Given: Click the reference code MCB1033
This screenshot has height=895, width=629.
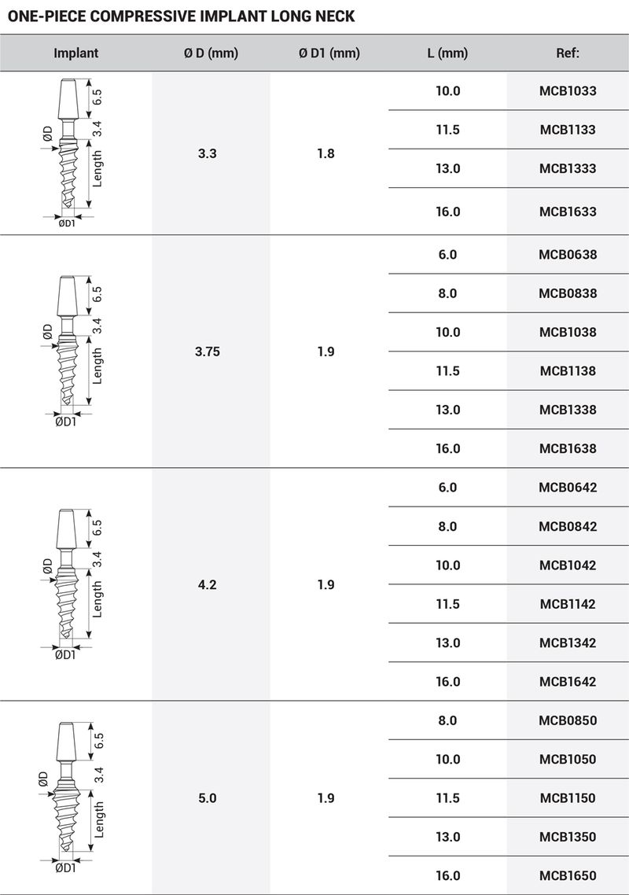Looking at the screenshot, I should click(x=567, y=91).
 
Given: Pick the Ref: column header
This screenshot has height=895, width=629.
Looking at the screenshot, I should click(x=567, y=53).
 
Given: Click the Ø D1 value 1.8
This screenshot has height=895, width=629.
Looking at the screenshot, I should click(x=326, y=153).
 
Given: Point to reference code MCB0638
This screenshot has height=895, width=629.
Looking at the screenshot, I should click(x=567, y=255).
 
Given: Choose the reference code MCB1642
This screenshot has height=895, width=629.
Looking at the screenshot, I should click(x=567, y=682).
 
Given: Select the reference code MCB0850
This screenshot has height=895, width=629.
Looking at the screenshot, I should click(x=567, y=720).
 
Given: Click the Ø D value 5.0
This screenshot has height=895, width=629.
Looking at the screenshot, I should click(x=208, y=798).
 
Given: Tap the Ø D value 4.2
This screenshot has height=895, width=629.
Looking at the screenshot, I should click(x=208, y=585).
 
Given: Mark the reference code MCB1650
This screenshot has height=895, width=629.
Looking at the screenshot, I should click(x=567, y=876).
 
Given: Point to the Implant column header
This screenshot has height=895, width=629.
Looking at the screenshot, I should click(x=76, y=53).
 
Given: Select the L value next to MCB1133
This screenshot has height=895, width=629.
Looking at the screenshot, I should click(x=447, y=130).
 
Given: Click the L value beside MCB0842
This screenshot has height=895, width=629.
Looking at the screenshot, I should click(x=447, y=527).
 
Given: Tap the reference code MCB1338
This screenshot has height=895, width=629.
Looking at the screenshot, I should click(x=567, y=410).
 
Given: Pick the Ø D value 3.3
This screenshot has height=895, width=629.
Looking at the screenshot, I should click(x=208, y=153).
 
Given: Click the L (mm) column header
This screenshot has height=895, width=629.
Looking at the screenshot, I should click(x=447, y=53).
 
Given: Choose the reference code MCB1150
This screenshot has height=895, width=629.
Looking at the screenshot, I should click(x=567, y=798).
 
